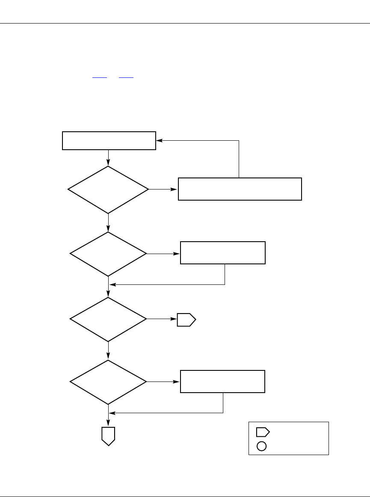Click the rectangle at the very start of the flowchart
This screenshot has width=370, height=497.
tap(109, 141)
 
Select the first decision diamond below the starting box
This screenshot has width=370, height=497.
tap(109, 189)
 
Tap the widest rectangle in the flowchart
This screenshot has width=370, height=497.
tap(240, 189)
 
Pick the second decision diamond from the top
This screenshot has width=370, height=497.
tap(108, 254)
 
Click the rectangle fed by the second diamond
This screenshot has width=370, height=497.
tap(223, 253)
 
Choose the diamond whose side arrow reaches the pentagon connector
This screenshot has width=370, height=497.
tap(108, 319)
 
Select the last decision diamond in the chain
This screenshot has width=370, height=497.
tap(108, 382)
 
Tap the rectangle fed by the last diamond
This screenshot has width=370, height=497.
tap(222, 382)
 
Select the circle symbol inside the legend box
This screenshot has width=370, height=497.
tap(262, 446)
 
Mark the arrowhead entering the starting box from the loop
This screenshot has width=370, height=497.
tap(159, 140)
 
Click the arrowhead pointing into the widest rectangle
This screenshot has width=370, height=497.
tap(175, 189)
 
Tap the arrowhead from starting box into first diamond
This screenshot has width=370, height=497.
tap(109, 163)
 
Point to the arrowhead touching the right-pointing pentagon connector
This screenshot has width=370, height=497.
tap(175, 319)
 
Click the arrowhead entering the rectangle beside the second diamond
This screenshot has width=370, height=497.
tap(178, 254)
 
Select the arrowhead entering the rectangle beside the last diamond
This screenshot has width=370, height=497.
tap(178, 382)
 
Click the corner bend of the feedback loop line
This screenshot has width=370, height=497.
tap(239, 140)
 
